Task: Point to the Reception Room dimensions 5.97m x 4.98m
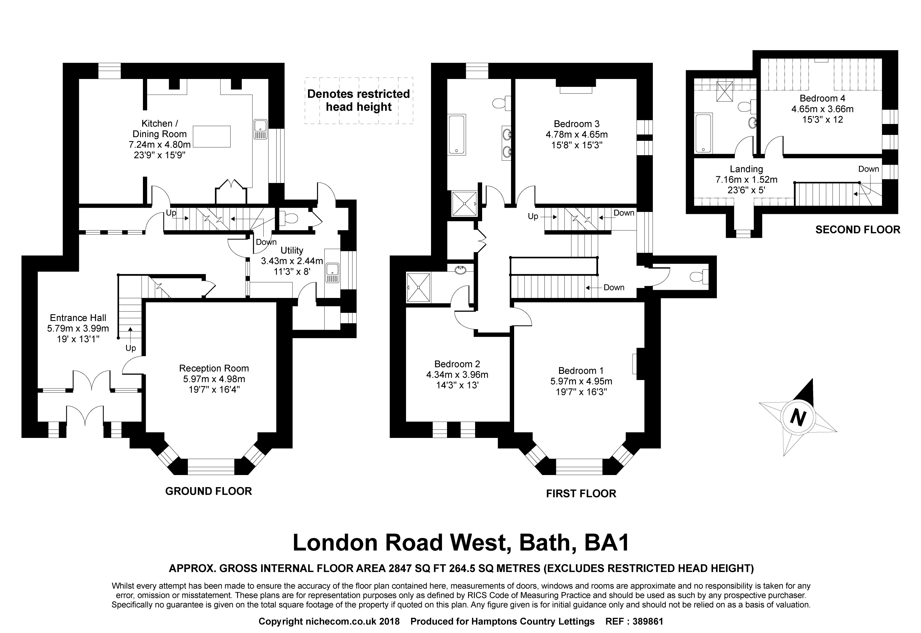[x=214, y=379]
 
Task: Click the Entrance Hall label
[x=78, y=318]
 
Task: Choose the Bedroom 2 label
[x=457, y=364]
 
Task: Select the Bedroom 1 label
[x=581, y=370]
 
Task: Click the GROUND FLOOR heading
[x=208, y=491]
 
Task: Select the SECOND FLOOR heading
[x=858, y=230]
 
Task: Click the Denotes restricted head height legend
[x=359, y=100]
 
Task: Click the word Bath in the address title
[x=547, y=543]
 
